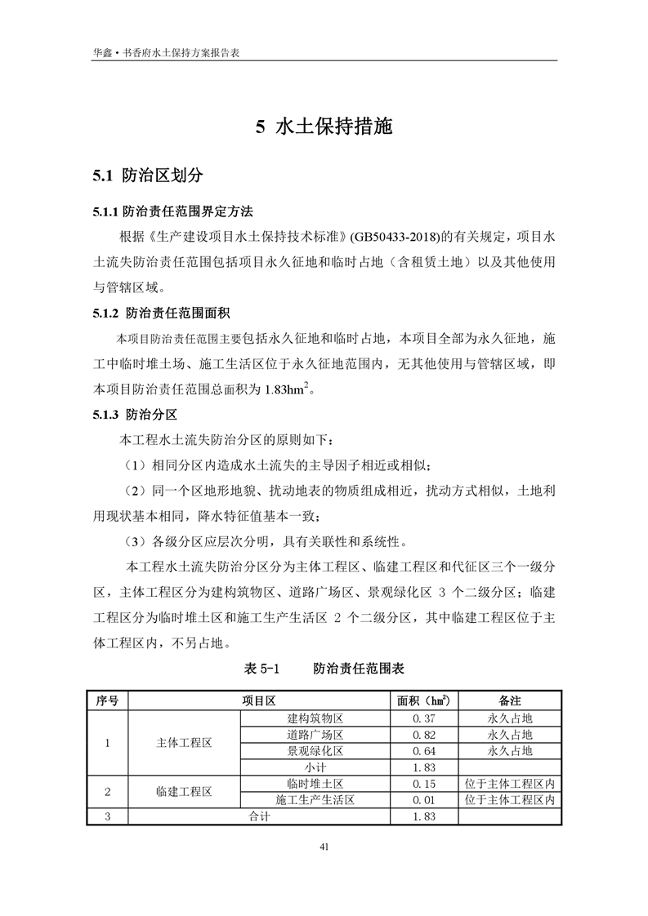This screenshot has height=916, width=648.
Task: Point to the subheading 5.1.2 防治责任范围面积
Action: click(x=160, y=313)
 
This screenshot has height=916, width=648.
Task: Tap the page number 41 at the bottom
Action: click(x=324, y=847)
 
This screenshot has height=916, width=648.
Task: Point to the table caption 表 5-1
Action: click(x=262, y=668)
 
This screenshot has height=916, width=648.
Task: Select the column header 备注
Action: click(x=509, y=700)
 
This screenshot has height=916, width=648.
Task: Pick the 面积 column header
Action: click(x=423, y=700)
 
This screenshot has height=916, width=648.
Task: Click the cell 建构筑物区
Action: click(x=315, y=718)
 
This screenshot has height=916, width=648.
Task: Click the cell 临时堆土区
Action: click(x=315, y=784)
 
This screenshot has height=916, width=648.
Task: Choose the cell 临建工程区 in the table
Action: click(x=184, y=792)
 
